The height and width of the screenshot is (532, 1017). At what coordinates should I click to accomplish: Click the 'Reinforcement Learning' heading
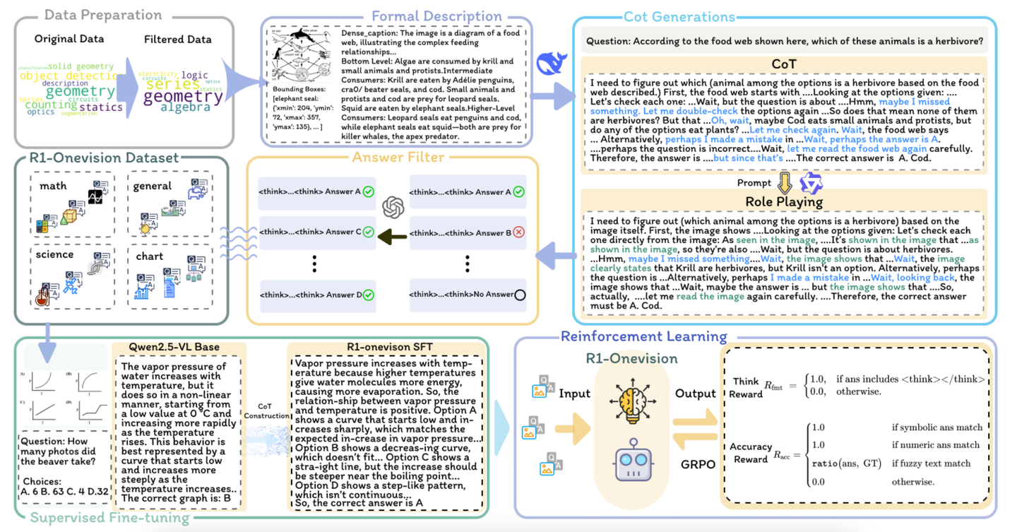tap(643, 336)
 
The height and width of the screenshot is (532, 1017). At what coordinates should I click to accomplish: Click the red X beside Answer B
tap(518, 232)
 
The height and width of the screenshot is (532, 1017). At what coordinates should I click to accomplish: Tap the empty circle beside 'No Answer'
tap(520, 295)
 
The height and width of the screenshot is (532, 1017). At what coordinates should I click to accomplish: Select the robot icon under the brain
tap(633, 459)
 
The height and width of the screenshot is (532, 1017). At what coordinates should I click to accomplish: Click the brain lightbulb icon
tap(632, 401)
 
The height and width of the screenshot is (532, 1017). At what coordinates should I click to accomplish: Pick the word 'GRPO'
tap(698, 465)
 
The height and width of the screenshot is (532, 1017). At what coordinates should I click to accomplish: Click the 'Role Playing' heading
tap(784, 201)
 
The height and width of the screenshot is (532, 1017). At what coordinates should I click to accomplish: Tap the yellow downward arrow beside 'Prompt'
tap(784, 183)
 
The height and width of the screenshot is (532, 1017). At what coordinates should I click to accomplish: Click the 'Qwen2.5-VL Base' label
tap(174, 347)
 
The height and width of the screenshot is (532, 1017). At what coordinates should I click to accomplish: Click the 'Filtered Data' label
tap(177, 39)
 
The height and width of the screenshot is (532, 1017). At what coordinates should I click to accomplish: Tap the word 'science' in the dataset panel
tap(54, 254)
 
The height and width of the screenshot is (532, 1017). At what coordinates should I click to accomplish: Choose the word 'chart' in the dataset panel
tap(149, 256)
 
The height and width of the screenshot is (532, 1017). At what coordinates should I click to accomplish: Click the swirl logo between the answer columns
tap(393, 206)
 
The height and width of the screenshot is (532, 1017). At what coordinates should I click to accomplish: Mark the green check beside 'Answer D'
tap(367, 295)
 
